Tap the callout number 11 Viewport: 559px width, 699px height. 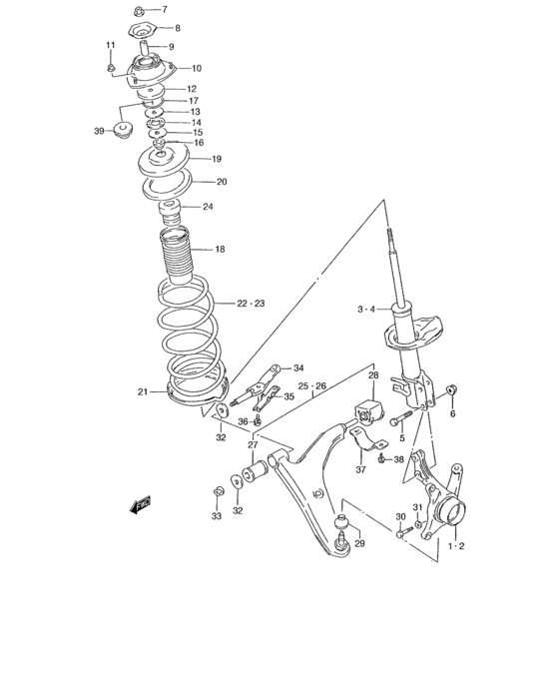[111, 46]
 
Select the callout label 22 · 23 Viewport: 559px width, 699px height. [251, 304]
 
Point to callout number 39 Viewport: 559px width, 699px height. [99, 131]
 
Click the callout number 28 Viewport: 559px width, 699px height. [373, 376]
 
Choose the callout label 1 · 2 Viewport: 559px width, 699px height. [456, 546]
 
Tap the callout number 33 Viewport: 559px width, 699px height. [216, 516]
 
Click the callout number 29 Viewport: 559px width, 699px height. [359, 543]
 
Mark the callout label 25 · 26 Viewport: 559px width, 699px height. [311, 385]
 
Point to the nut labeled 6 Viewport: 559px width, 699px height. [452, 388]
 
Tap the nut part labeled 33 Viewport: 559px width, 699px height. [217, 491]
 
